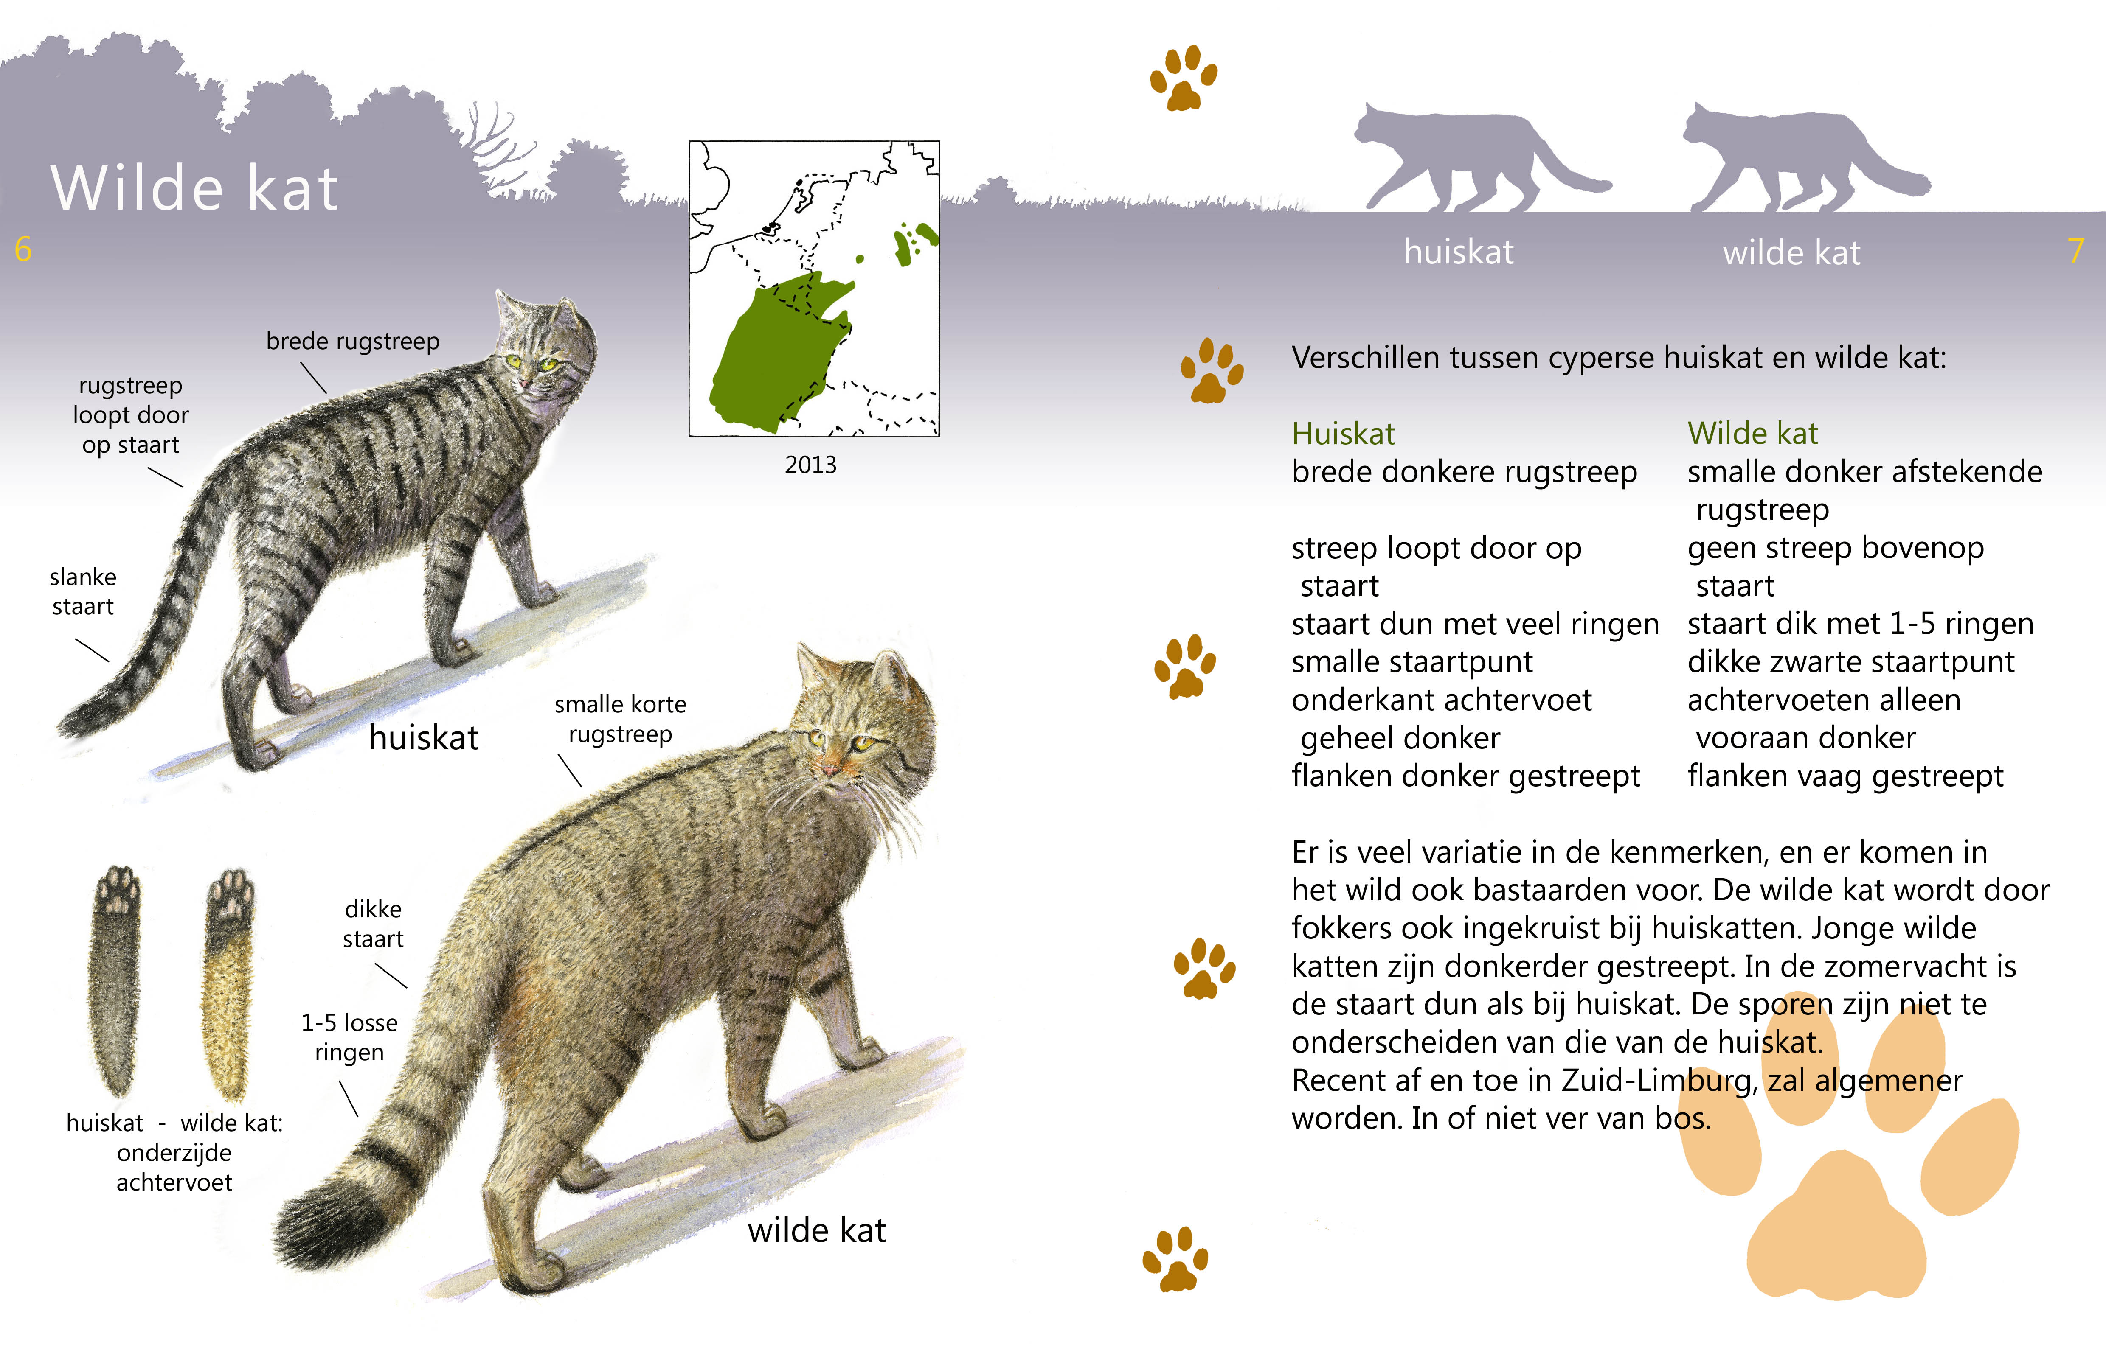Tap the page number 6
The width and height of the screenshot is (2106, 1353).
pos(23,249)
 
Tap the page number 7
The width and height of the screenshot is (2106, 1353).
pos(2075,251)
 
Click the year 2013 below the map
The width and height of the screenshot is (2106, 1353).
pos(810,465)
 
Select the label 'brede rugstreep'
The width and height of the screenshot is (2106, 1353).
pos(352,341)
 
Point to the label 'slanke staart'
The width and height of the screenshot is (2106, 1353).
pos(83,591)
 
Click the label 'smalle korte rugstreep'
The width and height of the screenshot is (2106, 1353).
pos(620,719)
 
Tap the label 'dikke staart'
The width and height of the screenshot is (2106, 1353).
pos(373,923)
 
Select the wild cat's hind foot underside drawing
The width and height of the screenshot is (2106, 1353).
pos(228,984)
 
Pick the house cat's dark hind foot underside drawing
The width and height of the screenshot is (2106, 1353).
pos(116,980)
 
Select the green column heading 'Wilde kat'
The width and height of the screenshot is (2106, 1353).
pos(1752,433)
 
